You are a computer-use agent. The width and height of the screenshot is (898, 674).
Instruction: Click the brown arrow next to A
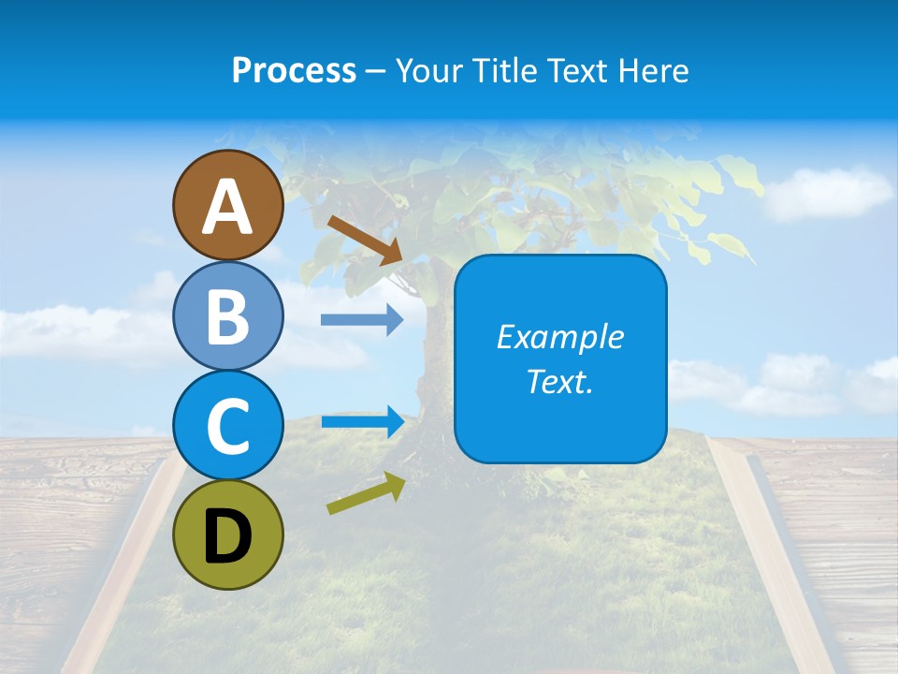[364, 239]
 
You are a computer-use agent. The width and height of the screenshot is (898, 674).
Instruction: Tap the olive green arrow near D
[366, 493]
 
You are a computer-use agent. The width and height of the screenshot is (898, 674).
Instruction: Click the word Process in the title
[294, 71]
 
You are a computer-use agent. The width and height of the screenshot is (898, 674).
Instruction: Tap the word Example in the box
[560, 337]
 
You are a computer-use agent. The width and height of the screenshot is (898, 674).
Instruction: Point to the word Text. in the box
[560, 381]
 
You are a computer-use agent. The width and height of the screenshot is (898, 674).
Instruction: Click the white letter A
[228, 206]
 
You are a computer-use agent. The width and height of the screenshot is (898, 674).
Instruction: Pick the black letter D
[228, 536]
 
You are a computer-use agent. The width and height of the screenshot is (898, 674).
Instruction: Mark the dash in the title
[376, 72]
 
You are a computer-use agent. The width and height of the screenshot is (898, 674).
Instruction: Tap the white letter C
[228, 426]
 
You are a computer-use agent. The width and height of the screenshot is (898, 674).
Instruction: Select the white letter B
[228, 315]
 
